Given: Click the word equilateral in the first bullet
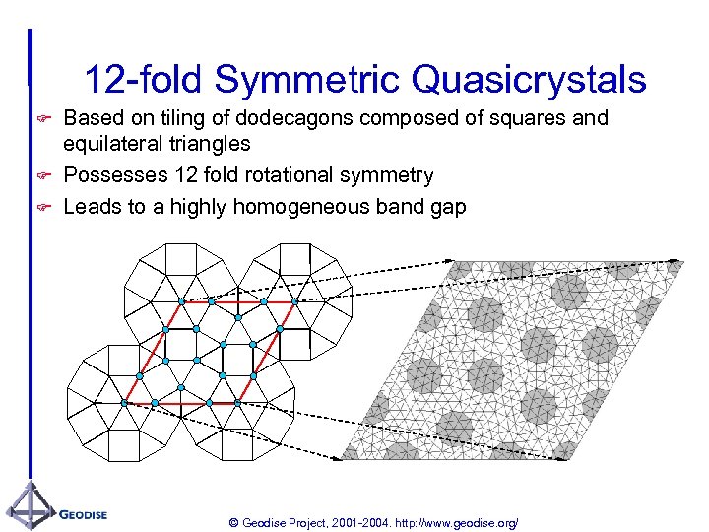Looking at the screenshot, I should click(109, 145).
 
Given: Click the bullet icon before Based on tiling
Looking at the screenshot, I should click(42, 119).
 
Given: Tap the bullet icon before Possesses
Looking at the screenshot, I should click(42, 176).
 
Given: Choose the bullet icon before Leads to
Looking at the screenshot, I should click(42, 208).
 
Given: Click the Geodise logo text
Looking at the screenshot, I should click(83, 514).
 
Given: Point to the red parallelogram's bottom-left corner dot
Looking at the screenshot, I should click(124, 403).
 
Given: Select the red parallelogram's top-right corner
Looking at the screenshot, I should click(294, 302).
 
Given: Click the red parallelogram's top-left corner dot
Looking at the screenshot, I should click(181, 301).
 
